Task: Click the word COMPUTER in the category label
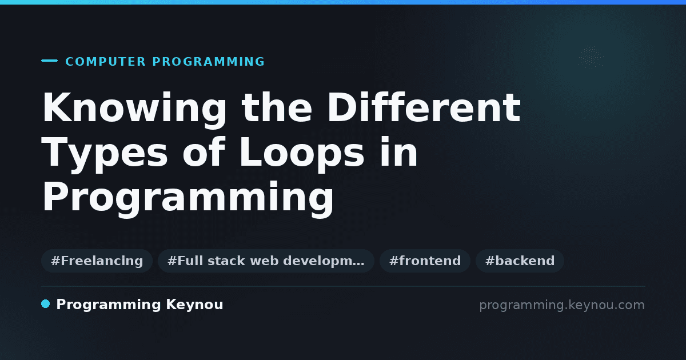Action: coord(106,62)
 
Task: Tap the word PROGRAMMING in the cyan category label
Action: coord(209,62)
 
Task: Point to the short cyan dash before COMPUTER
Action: coord(49,61)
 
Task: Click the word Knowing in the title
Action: coord(134,109)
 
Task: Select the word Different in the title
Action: coord(424,107)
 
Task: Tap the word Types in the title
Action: coord(105,153)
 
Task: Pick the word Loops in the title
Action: coord(302,153)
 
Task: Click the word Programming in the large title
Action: coord(188,198)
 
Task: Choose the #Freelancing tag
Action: coord(97,261)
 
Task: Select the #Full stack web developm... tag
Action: coord(266,261)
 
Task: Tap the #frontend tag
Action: coord(425,261)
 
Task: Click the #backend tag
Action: coord(520,261)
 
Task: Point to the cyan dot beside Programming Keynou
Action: coord(45,304)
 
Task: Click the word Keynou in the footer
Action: coord(194,305)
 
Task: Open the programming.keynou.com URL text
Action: coord(562,305)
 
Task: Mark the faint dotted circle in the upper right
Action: coord(591,57)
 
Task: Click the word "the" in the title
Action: coord(277,107)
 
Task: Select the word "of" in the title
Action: coord(204,152)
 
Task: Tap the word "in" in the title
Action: coord(398,152)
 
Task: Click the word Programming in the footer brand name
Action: coord(109,305)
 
